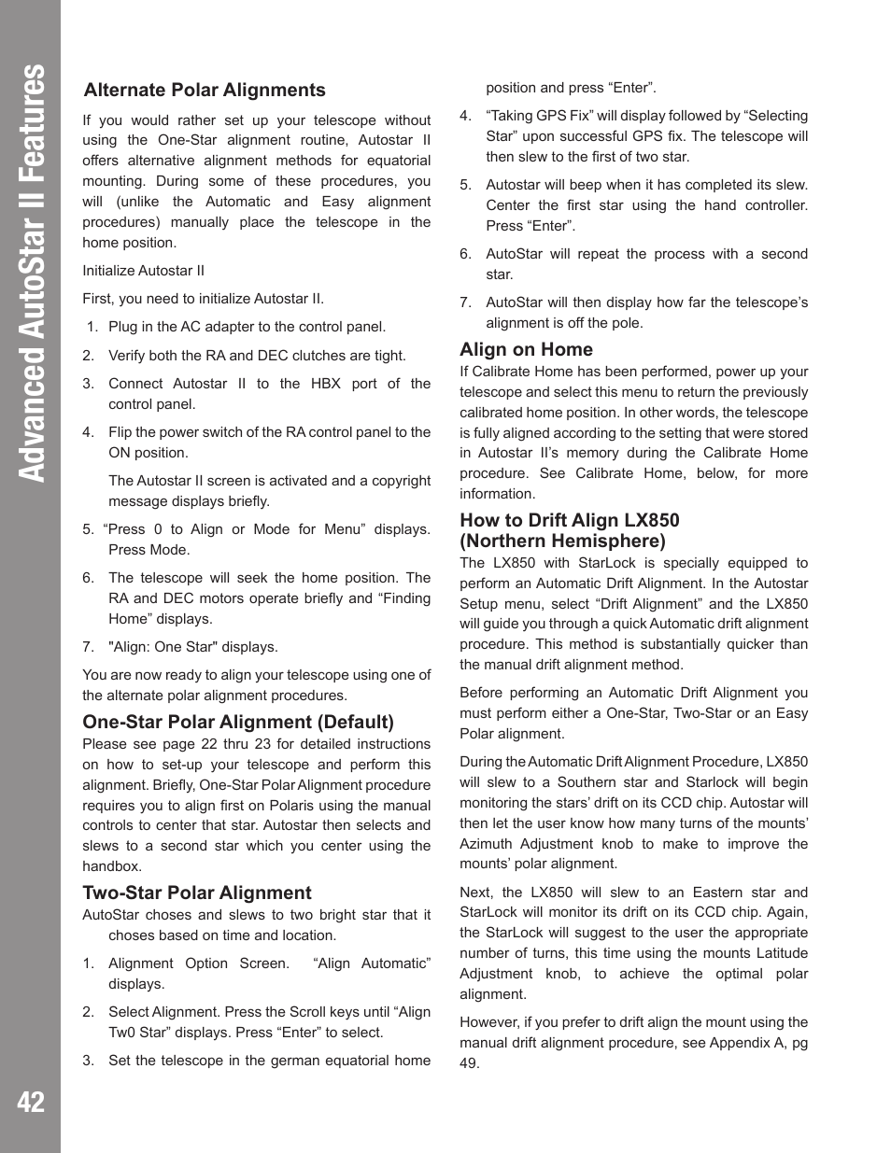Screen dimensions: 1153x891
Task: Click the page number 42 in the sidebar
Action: coord(30,1102)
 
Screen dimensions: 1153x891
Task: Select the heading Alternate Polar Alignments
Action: coord(205,90)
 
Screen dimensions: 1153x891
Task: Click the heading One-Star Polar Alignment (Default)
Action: coord(238,722)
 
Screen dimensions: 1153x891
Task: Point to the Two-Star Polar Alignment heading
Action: coord(197,893)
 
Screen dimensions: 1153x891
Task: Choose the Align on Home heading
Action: coord(526,349)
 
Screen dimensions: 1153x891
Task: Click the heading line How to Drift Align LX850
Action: coord(570,520)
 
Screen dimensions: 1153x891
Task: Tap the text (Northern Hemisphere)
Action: coord(562,541)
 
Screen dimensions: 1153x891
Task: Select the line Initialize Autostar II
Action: coord(143,271)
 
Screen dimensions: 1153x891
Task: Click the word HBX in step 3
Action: coord(325,384)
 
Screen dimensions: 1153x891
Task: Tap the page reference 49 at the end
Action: coord(468,1063)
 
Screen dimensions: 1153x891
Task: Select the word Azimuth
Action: coord(486,844)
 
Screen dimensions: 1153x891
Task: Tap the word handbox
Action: coord(111,866)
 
